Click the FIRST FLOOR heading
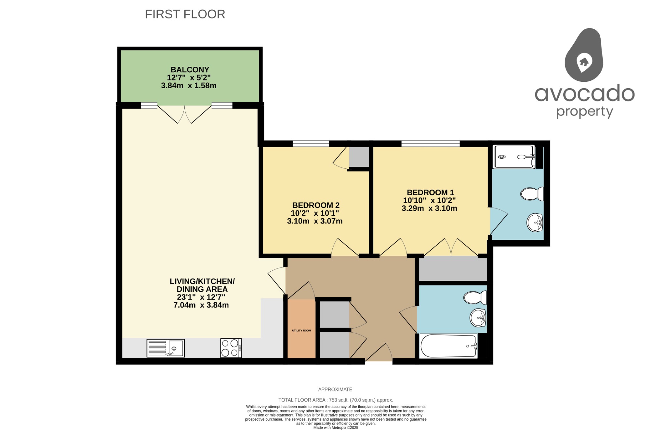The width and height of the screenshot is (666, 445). [185, 14]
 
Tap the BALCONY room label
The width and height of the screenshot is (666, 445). [190, 70]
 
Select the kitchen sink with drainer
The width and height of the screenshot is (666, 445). [166, 348]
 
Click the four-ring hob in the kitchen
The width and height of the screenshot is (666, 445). [231, 348]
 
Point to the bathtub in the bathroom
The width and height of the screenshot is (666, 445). [449, 346]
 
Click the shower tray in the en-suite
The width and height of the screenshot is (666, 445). [514, 157]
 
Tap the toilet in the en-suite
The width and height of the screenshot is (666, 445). [532, 194]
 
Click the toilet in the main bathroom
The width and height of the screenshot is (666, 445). [475, 297]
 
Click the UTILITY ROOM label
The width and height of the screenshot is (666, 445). [301, 331]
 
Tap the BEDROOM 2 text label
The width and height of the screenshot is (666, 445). [316, 205]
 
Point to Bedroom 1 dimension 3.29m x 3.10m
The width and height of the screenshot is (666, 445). [429, 208]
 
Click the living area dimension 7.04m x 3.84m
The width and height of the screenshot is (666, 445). [201, 305]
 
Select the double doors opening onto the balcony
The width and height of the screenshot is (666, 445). [184, 114]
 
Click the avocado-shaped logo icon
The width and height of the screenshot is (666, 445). [584, 55]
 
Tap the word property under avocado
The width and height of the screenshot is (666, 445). [584, 112]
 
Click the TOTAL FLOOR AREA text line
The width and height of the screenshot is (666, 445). [336, 400]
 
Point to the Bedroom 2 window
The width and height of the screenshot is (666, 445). [311, 144]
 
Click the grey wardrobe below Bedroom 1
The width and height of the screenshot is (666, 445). [453, 269]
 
